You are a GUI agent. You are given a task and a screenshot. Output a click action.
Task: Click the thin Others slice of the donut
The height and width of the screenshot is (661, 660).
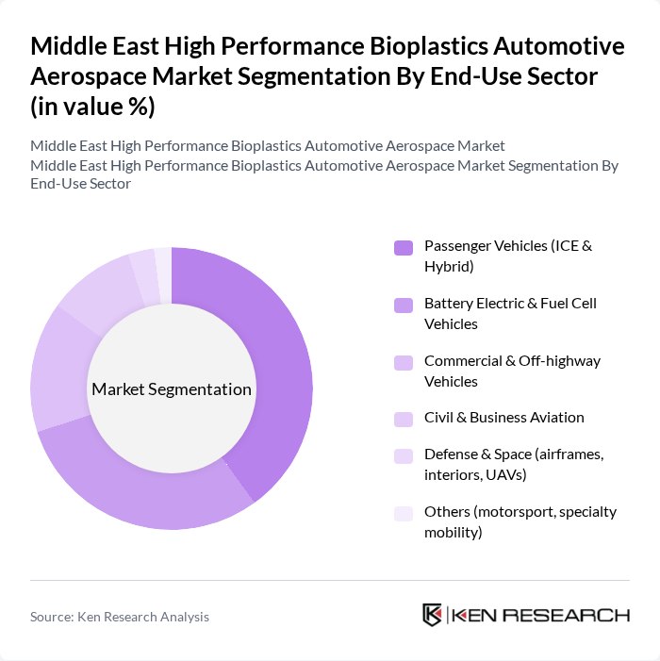[x=163, y=265]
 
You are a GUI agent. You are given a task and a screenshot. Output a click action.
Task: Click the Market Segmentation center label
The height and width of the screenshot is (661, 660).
[x=172, y=389]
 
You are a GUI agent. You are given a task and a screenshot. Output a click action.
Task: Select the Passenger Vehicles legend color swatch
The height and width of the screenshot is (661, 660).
[x=404, y=247]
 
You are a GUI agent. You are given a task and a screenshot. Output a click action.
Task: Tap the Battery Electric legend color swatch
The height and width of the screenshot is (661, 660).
[x=404, y=305]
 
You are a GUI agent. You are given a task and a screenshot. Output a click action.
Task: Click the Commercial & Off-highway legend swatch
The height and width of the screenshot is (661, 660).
[x=404, y=362]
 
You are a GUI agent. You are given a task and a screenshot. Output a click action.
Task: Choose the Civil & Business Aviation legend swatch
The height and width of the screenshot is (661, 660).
[x=404, y=419]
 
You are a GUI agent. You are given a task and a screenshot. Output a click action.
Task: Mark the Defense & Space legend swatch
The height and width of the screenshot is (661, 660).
[x=404, y=456]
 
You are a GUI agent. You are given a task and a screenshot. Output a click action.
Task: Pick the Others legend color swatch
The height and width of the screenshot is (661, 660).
[x=404, y=513]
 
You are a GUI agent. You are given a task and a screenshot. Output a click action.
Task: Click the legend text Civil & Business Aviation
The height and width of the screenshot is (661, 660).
[x=503, y=418]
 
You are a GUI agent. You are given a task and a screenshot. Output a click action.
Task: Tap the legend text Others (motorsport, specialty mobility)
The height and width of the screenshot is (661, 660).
[x=520, y=522]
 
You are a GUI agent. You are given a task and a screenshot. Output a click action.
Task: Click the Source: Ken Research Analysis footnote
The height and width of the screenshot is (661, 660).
[x=120, y=617]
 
